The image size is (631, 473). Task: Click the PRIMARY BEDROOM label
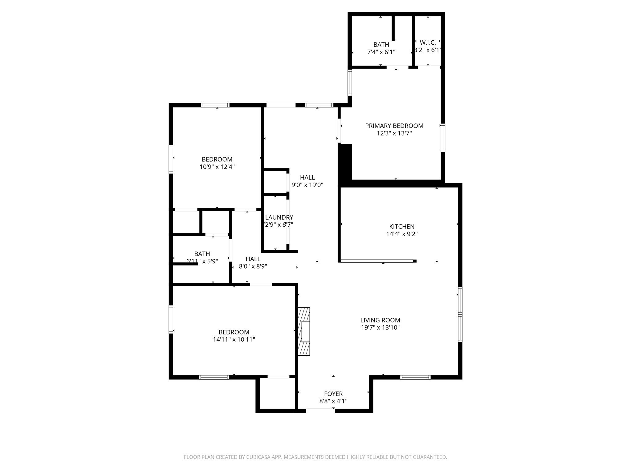(x=394, y=126)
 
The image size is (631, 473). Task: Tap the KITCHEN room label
(x=402, y=226)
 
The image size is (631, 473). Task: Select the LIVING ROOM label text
(x=380, y=320)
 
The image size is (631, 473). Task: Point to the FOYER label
(x=333, y=394)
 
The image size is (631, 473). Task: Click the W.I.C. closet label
(x=428, y=43)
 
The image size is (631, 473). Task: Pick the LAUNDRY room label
(x=279, y=217)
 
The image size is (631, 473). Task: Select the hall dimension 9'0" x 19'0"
(x=307, y=185)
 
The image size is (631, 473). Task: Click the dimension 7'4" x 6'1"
(x=381, y=52)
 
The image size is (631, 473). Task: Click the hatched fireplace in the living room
(x=303, y=332)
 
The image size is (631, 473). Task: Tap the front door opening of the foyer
(x=320, y=410)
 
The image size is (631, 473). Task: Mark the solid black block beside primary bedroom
(x=345, y=162)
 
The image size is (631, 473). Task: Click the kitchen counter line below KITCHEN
(x=377, y=261)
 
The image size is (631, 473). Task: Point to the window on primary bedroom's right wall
(x=443, y=137)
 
